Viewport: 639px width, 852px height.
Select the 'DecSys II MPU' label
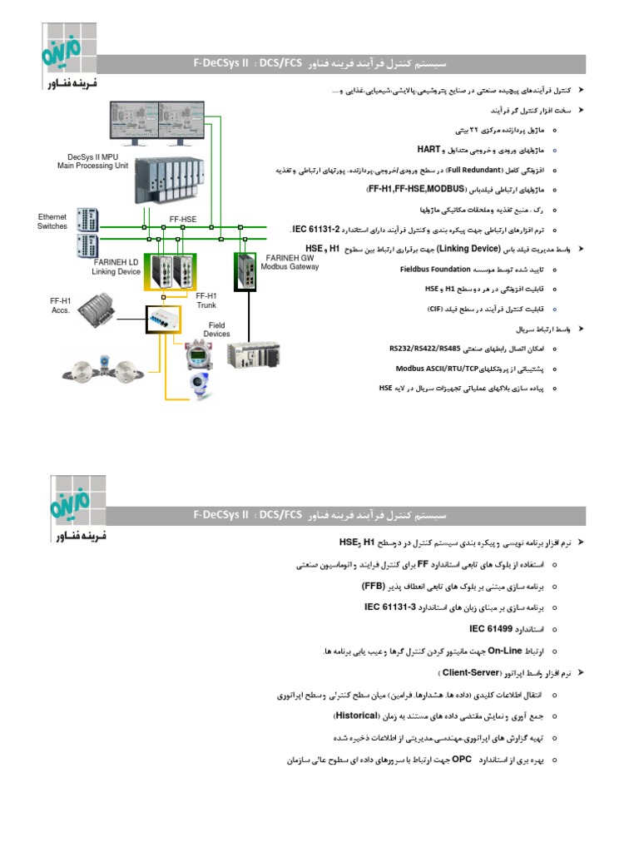point(92,161)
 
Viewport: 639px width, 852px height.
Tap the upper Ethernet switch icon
point(87,220)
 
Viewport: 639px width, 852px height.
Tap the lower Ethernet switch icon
point(87,246)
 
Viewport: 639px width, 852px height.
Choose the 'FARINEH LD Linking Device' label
point(116,267)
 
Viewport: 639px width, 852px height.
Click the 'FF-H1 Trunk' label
point(206,300)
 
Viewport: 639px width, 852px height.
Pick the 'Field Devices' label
point(217,329)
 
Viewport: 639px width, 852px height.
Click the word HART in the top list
point(428,149)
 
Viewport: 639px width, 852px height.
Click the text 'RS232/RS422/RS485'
point(424,349)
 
